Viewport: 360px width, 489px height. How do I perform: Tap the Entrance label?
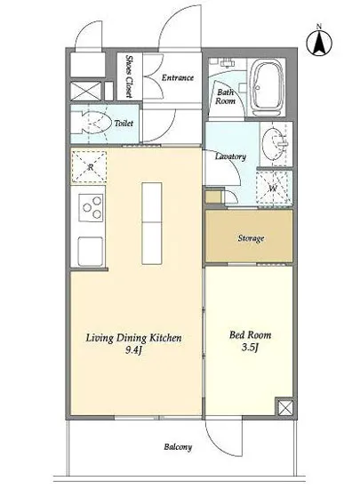[178, 77]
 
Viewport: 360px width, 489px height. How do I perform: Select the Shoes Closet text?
[129, 76]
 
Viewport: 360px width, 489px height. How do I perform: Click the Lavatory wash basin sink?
[274, 143]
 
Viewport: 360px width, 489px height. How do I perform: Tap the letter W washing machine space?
[274, 188]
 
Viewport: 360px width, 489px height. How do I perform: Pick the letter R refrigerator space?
[90, 167]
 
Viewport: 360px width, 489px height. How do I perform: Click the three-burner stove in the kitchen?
[91, 207]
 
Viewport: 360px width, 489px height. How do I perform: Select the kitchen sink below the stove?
[90, 252]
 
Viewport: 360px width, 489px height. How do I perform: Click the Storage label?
[251, 238]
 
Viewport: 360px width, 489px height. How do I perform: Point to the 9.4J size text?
[133, 350]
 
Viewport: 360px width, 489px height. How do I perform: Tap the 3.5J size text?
[250, 348]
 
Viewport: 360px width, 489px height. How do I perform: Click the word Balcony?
[178, 447]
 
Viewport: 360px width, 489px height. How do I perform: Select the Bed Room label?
[251, 335]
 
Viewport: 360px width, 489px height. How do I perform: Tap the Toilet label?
[124, 124]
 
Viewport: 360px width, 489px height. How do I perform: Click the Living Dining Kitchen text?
[133, 338]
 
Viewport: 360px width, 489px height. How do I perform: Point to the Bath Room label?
[226, 96]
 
